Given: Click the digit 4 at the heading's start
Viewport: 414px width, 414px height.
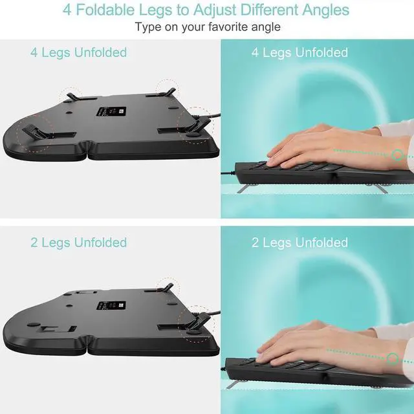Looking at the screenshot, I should coord(67,10).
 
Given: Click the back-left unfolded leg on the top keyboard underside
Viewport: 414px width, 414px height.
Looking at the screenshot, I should coord(71,94).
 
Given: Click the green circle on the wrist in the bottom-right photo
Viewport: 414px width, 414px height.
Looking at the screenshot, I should coord(393,356).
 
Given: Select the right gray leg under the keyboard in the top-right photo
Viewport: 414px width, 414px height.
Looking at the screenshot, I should coord(382,188).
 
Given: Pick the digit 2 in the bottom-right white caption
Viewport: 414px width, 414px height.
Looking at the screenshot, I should coord(256,243).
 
